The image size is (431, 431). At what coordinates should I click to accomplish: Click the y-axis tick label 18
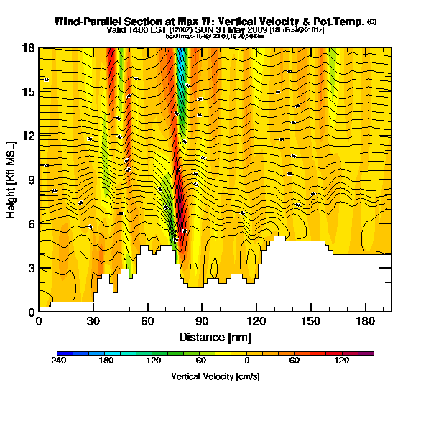click(x=28, y=48)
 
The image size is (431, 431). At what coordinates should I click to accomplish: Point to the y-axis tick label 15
click(x=28, y=92)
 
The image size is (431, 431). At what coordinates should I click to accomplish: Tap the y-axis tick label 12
click(x=28, y=136)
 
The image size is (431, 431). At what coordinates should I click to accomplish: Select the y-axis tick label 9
click(x=30, y=180)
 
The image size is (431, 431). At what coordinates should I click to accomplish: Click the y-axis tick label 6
click(x=30, y=224)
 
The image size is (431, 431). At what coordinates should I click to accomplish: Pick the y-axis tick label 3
click(x=30, y=268)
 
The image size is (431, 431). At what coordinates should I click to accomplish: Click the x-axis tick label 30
click(x=93, y=321)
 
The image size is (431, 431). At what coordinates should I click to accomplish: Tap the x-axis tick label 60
click(x=147, y=321)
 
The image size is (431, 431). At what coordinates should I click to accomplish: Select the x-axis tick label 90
click(x=202, y=321)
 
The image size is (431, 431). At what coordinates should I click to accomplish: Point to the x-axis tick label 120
click(x=256, y=321)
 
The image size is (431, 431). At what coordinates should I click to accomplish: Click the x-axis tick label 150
click(x=311, y=321)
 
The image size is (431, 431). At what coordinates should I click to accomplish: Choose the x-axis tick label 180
click(x=366, y=321)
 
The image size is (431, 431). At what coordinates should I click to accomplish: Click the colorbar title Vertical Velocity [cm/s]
click(x=215, y=376)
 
